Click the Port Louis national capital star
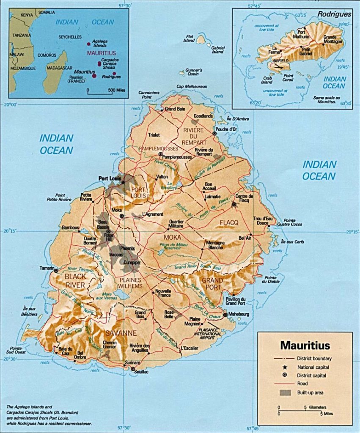pyautogui.click(x=124, y=182)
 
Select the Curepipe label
pyautogui.click(x=132, y=262)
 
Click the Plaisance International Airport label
pyautogui.click(x=207, y=334)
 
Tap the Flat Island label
pyautogui.click(x=189, y=38)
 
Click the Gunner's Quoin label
pyautogui.click(x=194, y=72)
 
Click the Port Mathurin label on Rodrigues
pyautogui.click(x=303, y=34)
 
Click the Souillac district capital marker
pyautogui.click(x=133, y=369)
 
